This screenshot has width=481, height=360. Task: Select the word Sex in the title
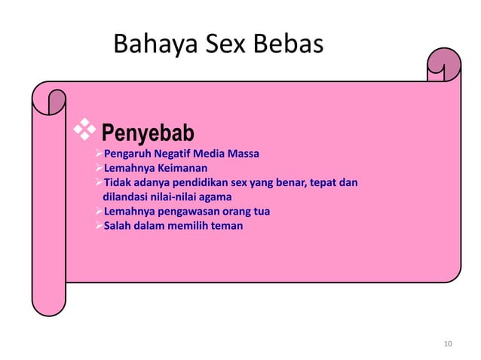pos(225,44)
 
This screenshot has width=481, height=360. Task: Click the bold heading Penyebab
pos(148,134)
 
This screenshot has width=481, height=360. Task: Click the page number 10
pos(449,344)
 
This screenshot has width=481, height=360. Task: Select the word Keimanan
pos(181,168)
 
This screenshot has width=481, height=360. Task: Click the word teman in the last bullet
pos(227,225)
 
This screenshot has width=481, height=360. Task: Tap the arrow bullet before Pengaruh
pos(95,154)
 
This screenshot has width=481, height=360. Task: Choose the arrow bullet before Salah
pos(95,225)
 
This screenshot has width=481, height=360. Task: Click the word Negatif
pos(166,154)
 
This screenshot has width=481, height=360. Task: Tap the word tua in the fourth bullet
pos(261,211)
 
